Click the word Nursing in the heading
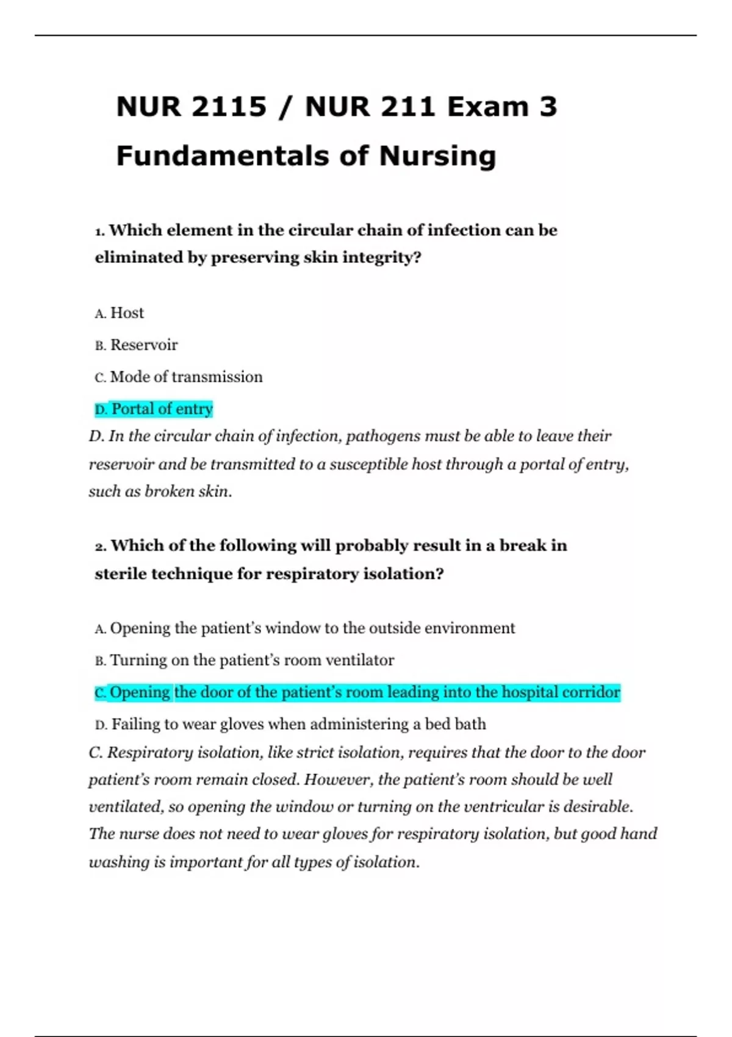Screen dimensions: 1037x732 (437, 156)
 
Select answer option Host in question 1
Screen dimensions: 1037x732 (127, 313)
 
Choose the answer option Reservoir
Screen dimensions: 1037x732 (144, 345)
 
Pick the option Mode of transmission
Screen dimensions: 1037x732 (186, 377)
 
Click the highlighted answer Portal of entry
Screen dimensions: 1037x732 (162, 409)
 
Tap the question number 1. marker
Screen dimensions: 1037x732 (101, 231)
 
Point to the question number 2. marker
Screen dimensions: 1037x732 (101, 547)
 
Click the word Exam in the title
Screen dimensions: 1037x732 (487, 107)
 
